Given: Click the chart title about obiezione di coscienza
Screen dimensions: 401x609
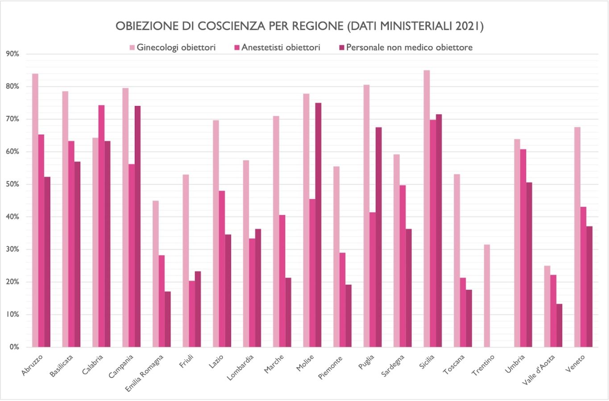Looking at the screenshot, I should point(299,26).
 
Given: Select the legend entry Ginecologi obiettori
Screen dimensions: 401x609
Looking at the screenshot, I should point(176,47).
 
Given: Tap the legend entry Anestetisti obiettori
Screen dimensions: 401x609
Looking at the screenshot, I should point(280,47).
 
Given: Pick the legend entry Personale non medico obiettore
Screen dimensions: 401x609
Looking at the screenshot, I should point(409,47).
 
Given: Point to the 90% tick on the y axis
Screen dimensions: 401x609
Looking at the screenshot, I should point(12,54).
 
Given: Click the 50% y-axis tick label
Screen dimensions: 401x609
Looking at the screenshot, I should point(12,184).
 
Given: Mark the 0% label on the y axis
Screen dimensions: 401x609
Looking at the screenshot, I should point(14,347).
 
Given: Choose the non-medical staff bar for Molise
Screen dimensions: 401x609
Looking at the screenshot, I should point(318,225).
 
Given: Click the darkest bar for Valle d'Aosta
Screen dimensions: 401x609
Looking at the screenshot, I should point(559,325).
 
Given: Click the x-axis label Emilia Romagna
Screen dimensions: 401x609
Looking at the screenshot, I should point(145,372).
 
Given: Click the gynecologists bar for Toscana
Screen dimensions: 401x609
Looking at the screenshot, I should point(457,260).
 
